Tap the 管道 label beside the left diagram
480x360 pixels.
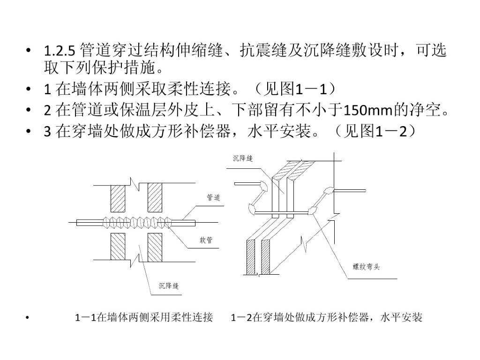tap(213, 198)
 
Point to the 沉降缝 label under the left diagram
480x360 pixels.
tap(168, 285)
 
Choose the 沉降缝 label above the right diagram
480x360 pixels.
tap(243, 159)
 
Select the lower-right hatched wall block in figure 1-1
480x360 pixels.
tap(155, 247)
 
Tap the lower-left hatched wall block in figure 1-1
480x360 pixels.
tap(118, 247)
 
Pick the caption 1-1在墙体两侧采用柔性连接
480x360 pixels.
tap(144, 318)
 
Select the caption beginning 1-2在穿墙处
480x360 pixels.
tap(326, 318)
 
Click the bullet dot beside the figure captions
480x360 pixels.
tap(29, 319)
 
